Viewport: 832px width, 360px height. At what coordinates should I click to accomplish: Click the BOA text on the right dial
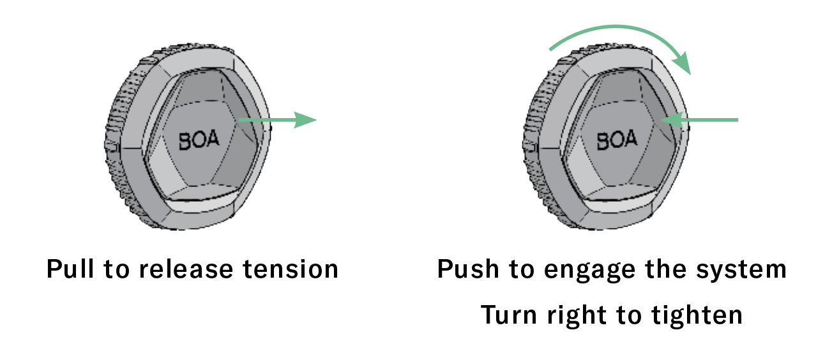pos(616,140)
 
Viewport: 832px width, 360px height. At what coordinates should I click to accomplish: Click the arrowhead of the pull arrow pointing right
pos(305,119)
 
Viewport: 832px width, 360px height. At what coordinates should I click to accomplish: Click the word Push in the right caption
pos(462,269)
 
